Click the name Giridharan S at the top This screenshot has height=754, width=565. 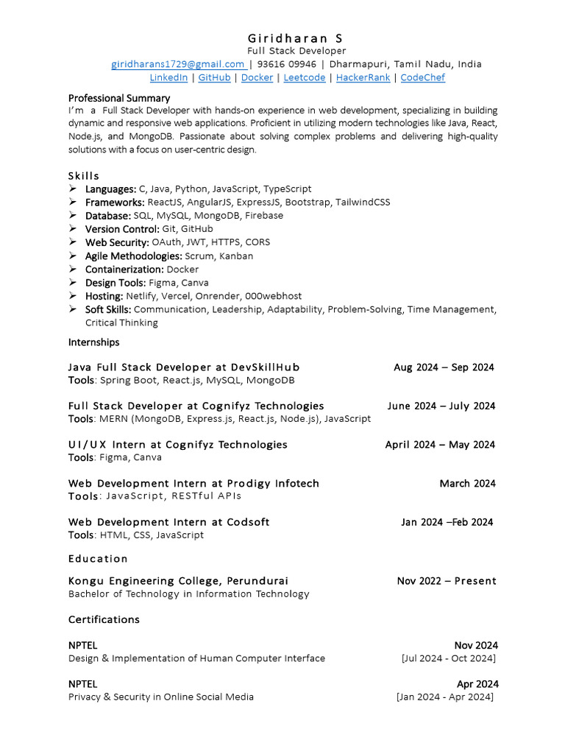pos(294,38)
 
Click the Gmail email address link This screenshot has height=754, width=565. pos(177,64)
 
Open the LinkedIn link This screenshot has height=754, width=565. pos(168,77)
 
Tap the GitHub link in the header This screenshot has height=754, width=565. pos(214,77)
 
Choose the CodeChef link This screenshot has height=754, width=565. pos(422,77)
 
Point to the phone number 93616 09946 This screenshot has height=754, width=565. pos(286,64)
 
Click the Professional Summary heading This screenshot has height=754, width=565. pos(119,98)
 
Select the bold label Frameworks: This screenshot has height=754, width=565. pos(115,202)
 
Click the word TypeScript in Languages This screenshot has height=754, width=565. pos(288,188)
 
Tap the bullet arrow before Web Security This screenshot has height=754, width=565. pos(74,242)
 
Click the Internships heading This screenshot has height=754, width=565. pos(93,342)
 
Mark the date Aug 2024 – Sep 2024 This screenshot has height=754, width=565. pos(444,367)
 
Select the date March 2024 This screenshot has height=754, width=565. pos(467,484)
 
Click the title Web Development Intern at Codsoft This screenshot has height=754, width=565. pos(168,522)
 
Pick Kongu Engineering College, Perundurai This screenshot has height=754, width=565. pos(178,581)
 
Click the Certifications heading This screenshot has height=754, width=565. pos(104,619)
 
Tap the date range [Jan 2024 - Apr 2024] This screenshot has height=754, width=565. pos(445,697)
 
